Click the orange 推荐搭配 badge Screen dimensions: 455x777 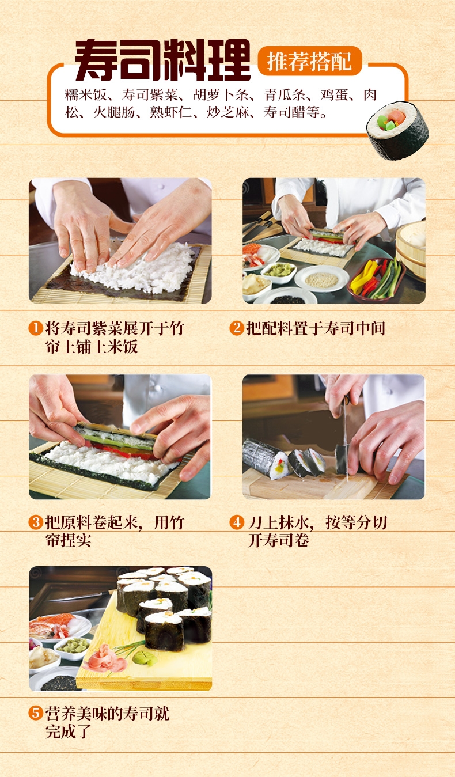[310, 60]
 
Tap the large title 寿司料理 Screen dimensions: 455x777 [162, 60]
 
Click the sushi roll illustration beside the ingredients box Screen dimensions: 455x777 [397, 130]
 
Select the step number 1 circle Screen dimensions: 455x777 [36, 328]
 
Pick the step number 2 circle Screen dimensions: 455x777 [237, 328]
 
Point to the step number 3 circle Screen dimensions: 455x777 [36, 522]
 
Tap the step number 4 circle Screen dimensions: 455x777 [237, 522]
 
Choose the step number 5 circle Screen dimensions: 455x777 [36, 714]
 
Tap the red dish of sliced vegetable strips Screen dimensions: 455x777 [376, 279]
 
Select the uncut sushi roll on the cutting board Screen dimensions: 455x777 [266, 459]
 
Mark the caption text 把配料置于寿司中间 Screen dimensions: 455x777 [316, 328]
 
